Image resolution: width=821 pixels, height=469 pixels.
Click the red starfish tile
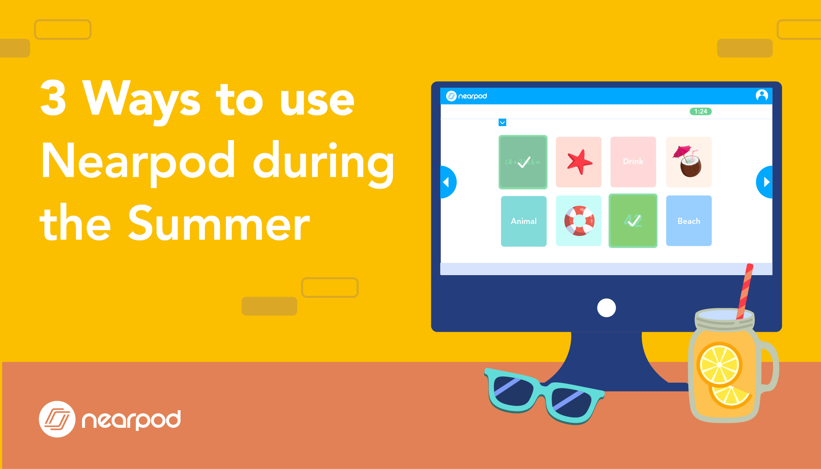coord(578,162)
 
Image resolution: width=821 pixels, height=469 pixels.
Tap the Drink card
coord(633,162)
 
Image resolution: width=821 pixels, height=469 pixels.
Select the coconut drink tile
coord(688,162)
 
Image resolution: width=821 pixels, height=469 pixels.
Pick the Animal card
coord(523,221)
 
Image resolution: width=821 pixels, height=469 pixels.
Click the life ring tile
coord(578,221)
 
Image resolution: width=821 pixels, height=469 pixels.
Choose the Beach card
coord(688,221)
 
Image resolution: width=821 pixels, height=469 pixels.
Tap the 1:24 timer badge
coord(700,111)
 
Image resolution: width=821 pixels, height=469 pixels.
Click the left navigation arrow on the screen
coord(447,182)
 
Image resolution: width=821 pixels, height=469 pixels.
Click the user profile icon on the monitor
coord(762,96)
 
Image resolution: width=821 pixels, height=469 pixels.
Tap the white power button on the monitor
coord(606,308)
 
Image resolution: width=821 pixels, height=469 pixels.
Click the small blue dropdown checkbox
coord(502,123)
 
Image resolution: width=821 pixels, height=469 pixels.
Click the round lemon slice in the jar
coord(719,364)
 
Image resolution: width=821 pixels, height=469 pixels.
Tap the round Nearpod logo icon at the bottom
coord(57,419)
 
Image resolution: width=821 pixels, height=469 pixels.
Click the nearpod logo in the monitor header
coord(466,96)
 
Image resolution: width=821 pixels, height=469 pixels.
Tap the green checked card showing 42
coord(633,221)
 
